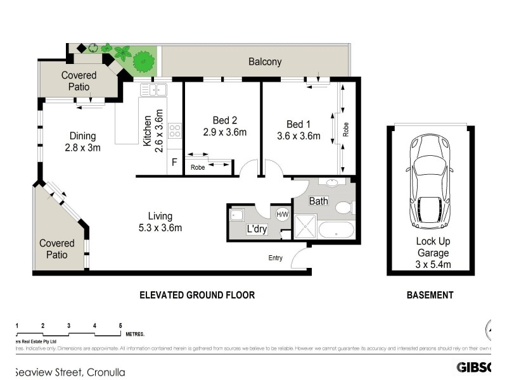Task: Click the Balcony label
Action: pyautogui.click(x=264, y=62)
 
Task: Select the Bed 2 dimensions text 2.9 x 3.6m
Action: pyautogui.click(x=224, y=132)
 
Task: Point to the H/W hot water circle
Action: pyautogui.click(x=283, y=214)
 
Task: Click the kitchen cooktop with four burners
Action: pyautogui.click(x=174, y=131)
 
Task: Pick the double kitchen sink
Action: pyautogui.click(x=153, y=90)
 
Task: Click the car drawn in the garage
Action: pyautogui.click(x=431, y=181)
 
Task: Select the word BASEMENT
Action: pyautogui.click(x=430, y=295)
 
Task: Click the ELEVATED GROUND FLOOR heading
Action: pyautogui.click(x=197, y=295)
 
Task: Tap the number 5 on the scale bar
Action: pyautogui.click(x=120, y=326)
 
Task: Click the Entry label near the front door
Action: pyautogui.click(x=276, y=257)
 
